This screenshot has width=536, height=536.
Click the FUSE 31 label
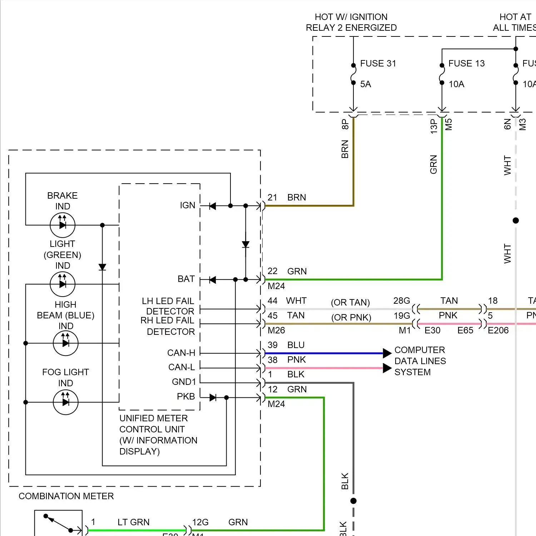coord(378,64)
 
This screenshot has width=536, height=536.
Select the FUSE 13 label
coord(466,64)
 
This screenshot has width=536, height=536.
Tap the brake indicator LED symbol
coord(63,225)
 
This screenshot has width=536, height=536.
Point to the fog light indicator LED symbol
coord(65,402)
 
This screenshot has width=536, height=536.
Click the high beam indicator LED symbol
coord(65,343)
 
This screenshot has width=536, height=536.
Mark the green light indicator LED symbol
coord(63,284)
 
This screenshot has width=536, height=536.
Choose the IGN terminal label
coord(188,205)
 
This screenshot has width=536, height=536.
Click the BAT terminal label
coord(186,279)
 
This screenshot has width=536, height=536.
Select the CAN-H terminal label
coord(181,353)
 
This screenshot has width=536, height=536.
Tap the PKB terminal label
coord(186,397)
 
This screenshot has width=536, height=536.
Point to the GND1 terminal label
coord(184,382)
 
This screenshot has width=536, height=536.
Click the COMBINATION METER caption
coord(66,496)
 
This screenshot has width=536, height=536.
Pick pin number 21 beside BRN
coord(272,198)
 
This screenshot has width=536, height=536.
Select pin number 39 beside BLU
coord(273,345)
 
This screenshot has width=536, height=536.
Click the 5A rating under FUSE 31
coord(366,84)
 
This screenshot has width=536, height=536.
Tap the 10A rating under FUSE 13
coord(456,84)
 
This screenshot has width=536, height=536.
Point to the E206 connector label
coord(498,331)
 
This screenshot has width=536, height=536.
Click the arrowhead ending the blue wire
coord(387,353)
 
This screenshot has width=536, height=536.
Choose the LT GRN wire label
coord(133,522)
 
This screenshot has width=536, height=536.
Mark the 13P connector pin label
coord(434,126)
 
